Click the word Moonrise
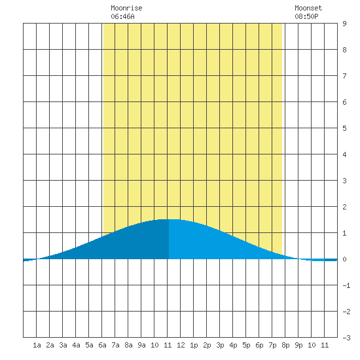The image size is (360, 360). tap(126, 8)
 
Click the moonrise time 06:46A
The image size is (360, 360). tap(122, 16)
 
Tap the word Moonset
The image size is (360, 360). tap(308, 8)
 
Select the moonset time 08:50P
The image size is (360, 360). tap(306, 16)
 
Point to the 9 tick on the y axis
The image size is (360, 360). tap(344, 24)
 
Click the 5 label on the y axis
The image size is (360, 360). tap(344, 128)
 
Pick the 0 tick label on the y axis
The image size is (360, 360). tap(344, 259)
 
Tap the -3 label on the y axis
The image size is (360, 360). tap(346, 338)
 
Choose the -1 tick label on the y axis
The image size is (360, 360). tap(346, 285)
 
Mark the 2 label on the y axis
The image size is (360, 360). tap(344, 207)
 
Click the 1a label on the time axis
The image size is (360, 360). tap(37, 345)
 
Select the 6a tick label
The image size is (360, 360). tap(102, 345)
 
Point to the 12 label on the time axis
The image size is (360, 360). tap(181, 345)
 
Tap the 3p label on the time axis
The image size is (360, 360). tap(220, 346)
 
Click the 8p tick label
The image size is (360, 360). tap(285, 346)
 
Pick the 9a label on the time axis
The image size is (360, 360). tap(141, 345)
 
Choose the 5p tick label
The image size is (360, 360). tap(246, 346)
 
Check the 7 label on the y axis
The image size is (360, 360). tap(344, 76)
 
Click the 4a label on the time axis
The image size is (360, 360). tap(76, 345)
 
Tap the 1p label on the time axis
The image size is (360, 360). tap(194, 346)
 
